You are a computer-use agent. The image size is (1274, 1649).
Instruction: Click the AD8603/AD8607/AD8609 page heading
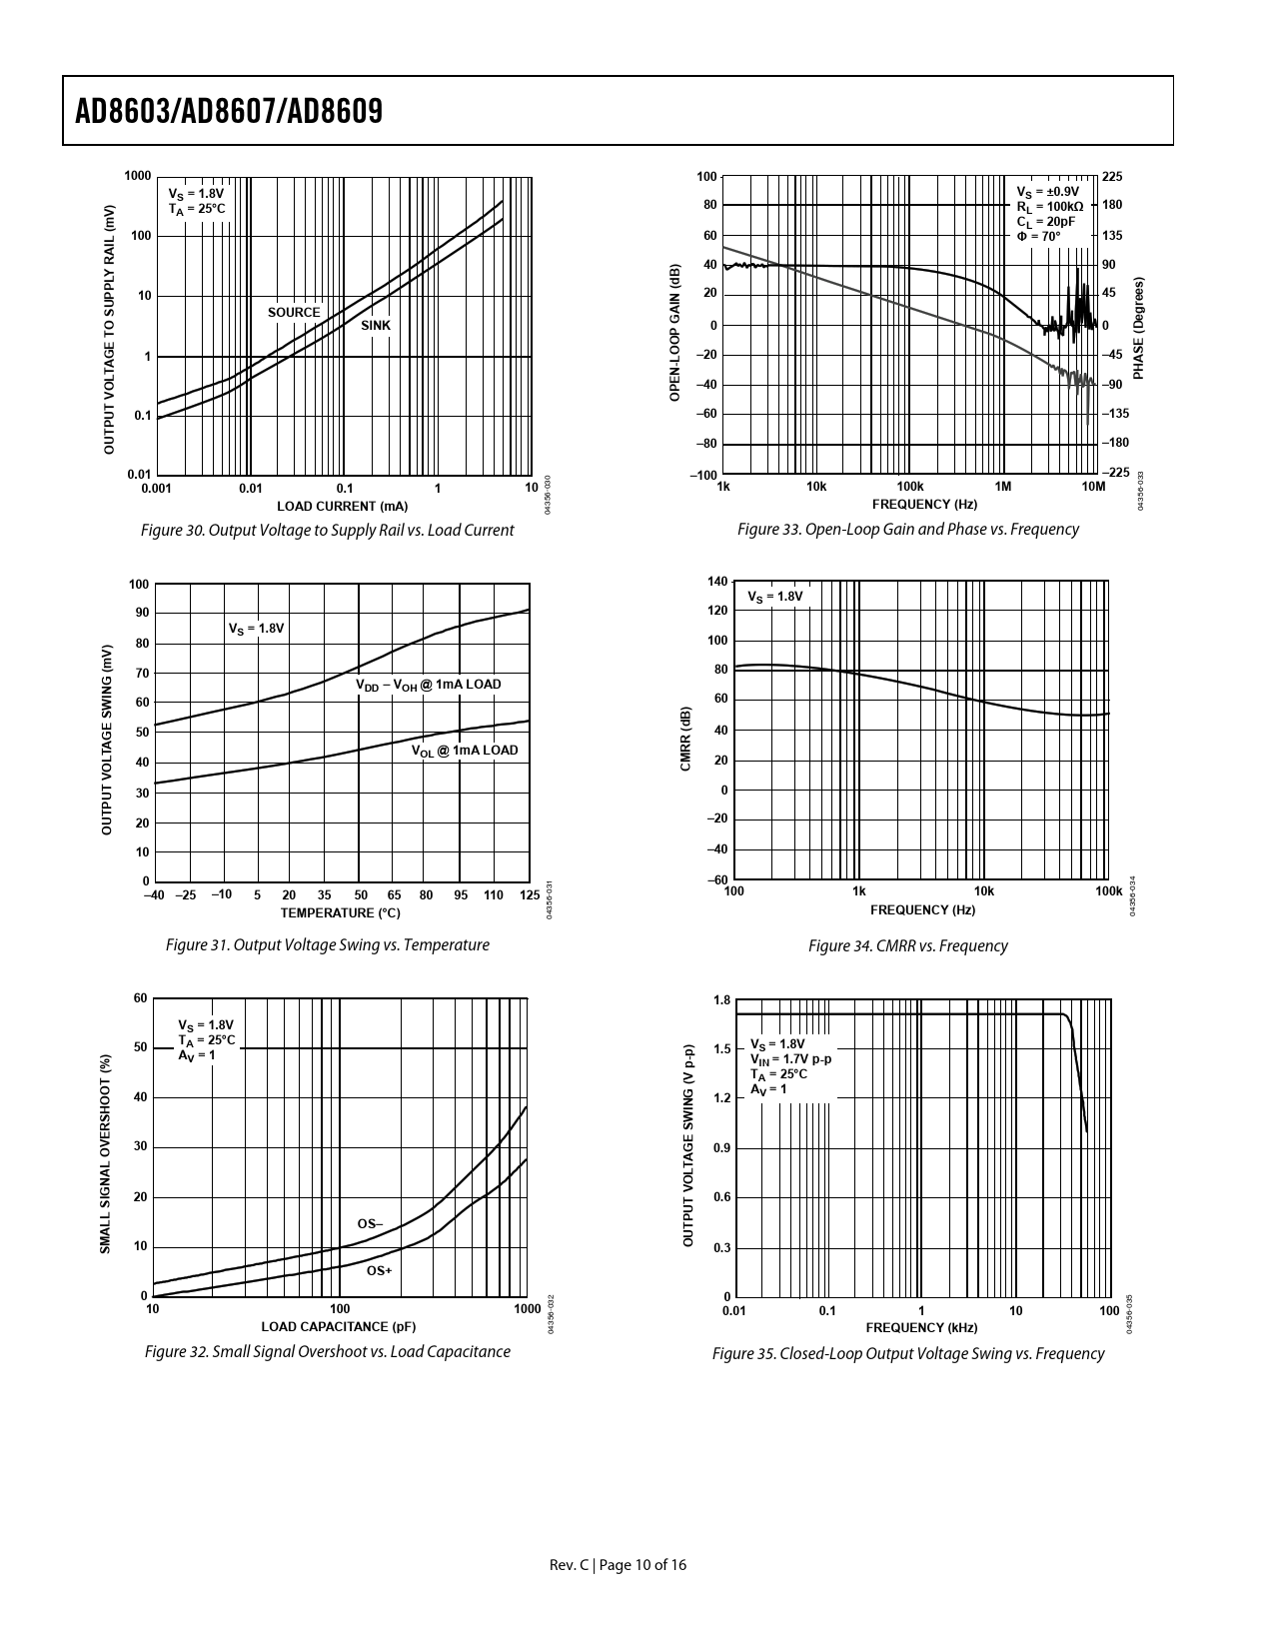(229, 111)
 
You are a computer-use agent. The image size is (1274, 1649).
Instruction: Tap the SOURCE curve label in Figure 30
(294, 313)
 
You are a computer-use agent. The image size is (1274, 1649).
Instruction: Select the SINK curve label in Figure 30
(376, 326)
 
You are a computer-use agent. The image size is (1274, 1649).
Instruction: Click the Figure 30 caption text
(328, 531)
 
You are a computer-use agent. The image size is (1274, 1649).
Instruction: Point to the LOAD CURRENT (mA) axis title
(342, 506)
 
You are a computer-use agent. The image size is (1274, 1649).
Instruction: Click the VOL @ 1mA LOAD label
(466, 751)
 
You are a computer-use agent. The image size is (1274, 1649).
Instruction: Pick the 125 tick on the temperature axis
(530, 895)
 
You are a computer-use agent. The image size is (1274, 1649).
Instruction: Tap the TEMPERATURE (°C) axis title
(340, 913)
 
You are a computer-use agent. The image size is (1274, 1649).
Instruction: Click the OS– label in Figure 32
(370, 1224)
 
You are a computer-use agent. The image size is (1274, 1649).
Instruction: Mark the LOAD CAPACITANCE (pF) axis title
(338, 1327)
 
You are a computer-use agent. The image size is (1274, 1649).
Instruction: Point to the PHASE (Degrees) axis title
(1139, 328)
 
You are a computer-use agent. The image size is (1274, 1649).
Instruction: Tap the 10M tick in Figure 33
(1094, 487)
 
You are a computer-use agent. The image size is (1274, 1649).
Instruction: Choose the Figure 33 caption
(907, 530)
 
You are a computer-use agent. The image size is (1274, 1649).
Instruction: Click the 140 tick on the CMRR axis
(717, 582)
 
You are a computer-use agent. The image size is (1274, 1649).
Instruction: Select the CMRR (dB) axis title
(685, 739)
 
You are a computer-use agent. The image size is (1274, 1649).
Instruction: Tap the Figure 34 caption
(907, 945)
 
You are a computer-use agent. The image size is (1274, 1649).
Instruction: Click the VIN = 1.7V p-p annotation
(790, 1059)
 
